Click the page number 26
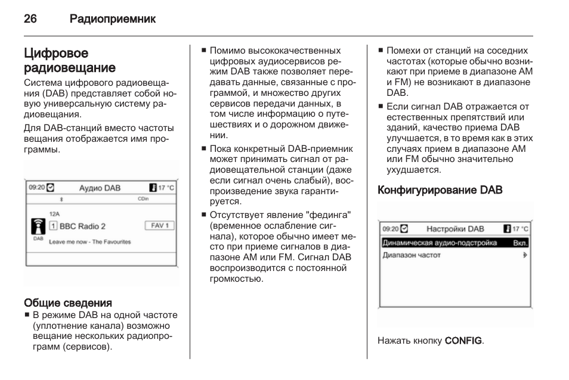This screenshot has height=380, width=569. [x=30, y=18]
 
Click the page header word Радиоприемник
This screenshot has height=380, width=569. [x=113, y=19]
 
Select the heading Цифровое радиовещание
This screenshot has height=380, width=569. [x=70, y=61]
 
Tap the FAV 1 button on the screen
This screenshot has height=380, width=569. [x=160, y=226]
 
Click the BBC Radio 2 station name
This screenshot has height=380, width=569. [x=82, y=226]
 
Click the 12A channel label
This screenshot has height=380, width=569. [x=54, y=214]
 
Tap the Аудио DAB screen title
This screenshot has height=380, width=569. [x=100, y=188]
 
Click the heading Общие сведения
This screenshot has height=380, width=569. [x=68, y=303]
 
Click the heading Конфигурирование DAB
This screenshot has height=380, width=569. [x=440, y=190]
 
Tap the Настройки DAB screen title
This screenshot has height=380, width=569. [x=455, y=229]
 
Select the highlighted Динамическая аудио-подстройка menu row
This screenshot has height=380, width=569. [x=455, y=242]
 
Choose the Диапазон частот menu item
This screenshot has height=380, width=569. [x=412, y=256]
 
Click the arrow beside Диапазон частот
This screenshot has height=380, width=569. [x=525, y=256]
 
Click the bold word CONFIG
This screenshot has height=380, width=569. [x=463, y=341]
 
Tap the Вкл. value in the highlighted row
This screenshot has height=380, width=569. [x=520, y=243]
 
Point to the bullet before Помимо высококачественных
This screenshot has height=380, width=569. [x=204, y=50]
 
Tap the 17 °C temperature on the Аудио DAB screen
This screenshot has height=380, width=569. [x=166, y=188]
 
